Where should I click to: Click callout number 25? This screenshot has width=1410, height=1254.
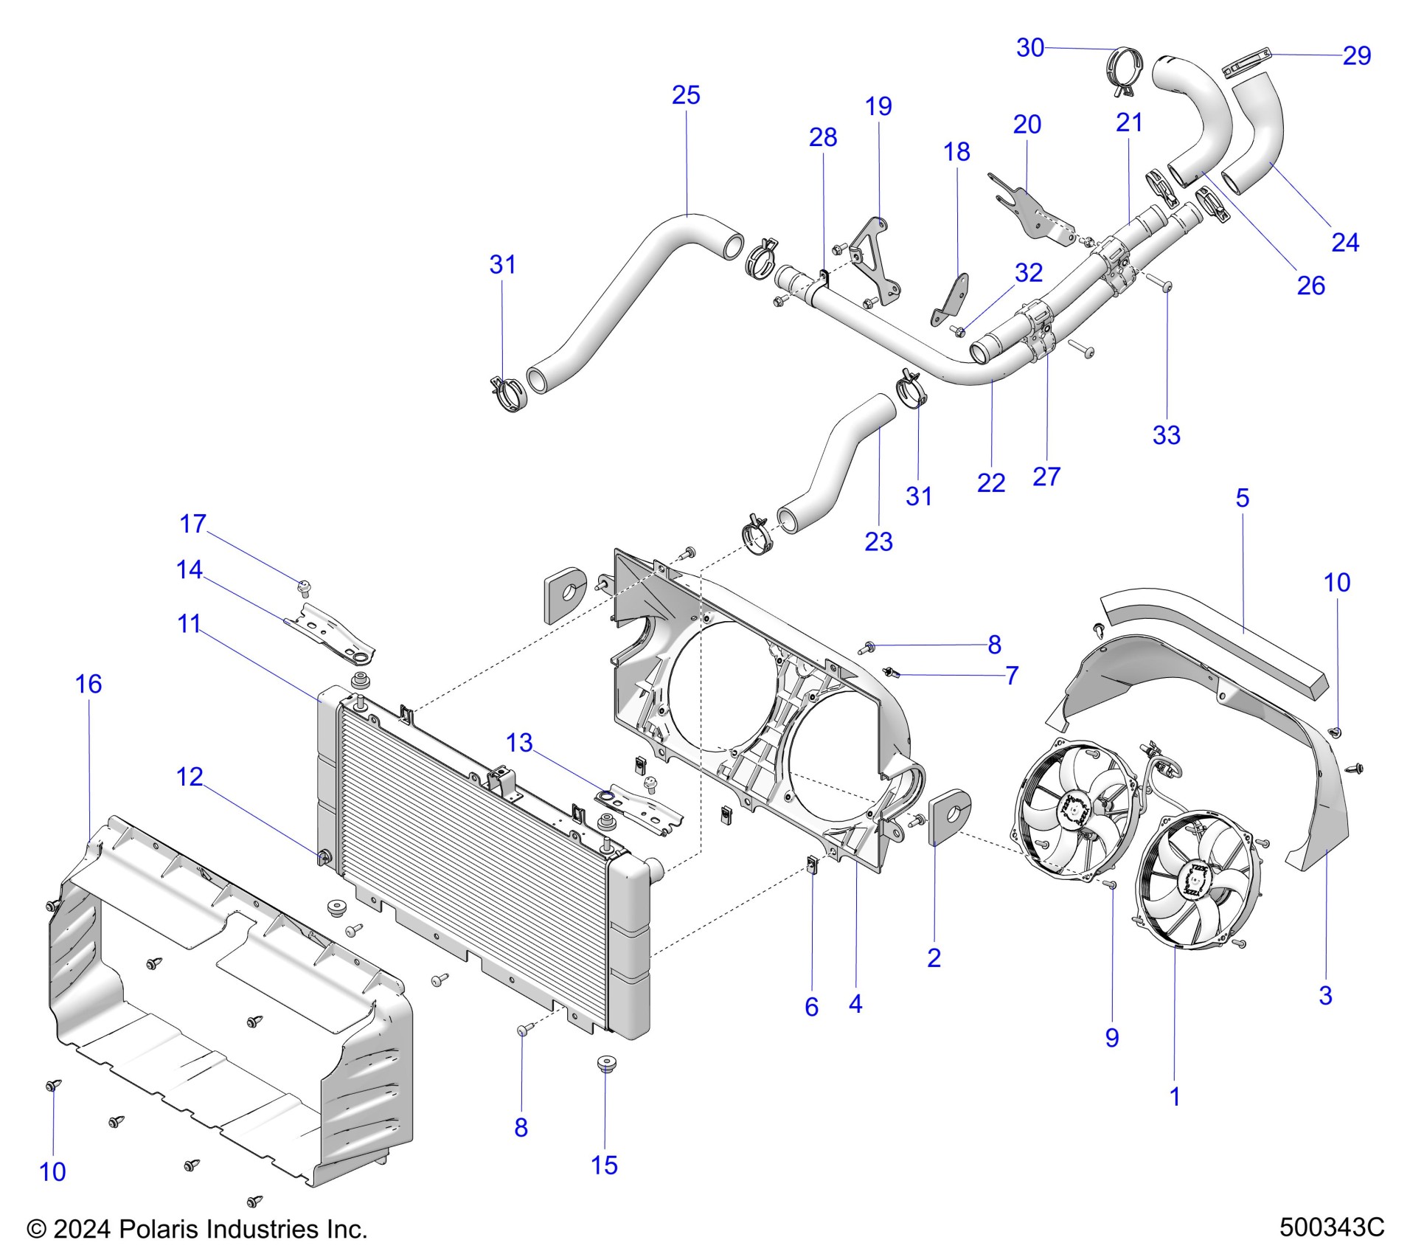[685, 95]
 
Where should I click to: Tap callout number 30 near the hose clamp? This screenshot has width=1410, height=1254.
[1029, 48]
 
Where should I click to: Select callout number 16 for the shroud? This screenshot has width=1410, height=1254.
[88, 684]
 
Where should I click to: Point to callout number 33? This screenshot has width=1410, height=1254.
[1166, 435]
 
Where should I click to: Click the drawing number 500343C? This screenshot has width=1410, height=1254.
[1331, 1227]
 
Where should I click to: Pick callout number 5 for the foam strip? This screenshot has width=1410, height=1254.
[1242, 498]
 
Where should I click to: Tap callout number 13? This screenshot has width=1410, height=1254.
[519, 743]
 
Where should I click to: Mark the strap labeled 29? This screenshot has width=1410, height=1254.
[1248, 62]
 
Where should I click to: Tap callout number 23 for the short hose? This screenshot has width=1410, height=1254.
[878, 542]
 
